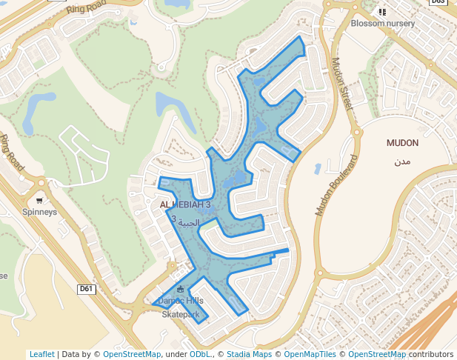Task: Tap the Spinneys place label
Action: click(39, 212)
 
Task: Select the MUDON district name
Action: click(402, 142)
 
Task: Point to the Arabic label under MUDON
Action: click(402, 160)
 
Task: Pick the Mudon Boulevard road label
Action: click(336, 186)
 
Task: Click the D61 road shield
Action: click(87, 289)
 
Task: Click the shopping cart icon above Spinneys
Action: click(39, 200)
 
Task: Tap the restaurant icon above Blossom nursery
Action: click(382, 12)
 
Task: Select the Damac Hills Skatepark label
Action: click(181, 307)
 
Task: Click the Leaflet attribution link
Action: click(42, 354)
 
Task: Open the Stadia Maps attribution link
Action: click(249, 354)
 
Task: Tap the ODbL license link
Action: click(199, 354)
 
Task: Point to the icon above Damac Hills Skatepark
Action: click(181, 289)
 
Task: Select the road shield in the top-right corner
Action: click(439, 2)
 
